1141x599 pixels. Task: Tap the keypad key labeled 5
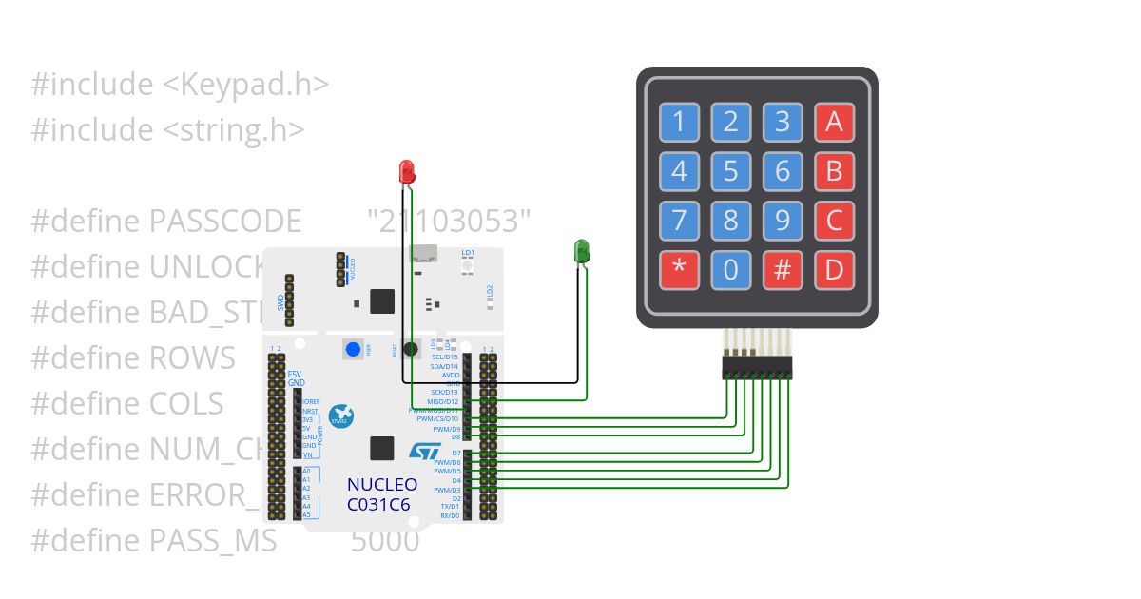point(730,171)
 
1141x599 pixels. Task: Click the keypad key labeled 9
point(783,221)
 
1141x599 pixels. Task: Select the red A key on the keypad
point(834,122)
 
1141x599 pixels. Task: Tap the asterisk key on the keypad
point(679,270)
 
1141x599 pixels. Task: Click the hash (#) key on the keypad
point(783,270)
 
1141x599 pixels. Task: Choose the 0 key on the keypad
point(730,270)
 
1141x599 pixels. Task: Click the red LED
point(406,172)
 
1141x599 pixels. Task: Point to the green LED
point(582,251)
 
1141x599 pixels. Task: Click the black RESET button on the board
point(411,349)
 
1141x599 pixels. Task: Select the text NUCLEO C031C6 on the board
point(382,494)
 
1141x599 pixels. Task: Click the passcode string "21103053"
point(449,222)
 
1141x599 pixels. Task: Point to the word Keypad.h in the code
point(258,85)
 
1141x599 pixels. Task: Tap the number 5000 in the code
point(385,541)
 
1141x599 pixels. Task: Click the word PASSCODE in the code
point(225,222)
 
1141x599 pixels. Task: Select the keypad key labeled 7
point(679,221)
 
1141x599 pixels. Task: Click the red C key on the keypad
point(834,221)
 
